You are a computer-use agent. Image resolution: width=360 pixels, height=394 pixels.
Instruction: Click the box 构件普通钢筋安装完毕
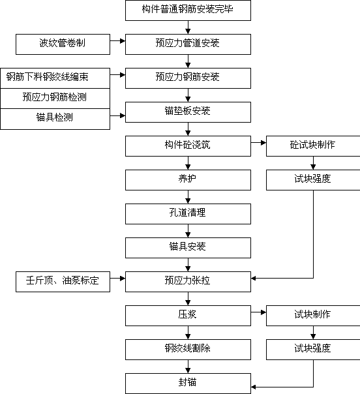188,10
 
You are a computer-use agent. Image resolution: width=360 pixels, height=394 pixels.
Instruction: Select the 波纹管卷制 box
63,44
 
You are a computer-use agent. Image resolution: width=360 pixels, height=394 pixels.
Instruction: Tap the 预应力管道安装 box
188,44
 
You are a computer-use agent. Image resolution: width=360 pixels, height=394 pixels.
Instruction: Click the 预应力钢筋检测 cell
55,98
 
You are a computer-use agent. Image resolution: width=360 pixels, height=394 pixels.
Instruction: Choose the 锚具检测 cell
55,119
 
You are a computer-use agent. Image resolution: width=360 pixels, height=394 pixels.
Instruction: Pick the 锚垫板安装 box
188,112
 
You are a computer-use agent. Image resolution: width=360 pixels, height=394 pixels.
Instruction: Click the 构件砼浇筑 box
188,146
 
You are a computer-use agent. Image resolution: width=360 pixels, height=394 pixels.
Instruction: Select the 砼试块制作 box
313,146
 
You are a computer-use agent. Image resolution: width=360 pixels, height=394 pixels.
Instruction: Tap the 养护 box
188,180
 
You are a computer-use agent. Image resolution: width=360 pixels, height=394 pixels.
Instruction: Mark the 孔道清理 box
188,214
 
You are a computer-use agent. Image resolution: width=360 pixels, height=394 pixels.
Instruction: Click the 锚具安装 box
188,248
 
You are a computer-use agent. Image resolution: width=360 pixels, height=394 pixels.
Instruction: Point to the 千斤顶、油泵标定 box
63,282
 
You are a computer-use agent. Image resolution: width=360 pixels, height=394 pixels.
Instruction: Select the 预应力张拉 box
188,282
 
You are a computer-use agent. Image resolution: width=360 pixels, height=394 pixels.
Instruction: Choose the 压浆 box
188,316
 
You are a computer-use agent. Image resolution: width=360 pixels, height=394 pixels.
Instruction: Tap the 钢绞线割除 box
188,350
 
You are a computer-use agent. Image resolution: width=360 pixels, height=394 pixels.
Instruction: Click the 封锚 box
188,384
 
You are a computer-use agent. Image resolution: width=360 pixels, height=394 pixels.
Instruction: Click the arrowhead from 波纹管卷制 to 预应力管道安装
123,41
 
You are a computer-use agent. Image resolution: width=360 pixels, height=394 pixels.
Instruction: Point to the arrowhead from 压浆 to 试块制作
263,312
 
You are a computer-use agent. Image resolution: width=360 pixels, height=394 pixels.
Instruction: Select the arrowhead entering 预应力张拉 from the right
254,278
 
